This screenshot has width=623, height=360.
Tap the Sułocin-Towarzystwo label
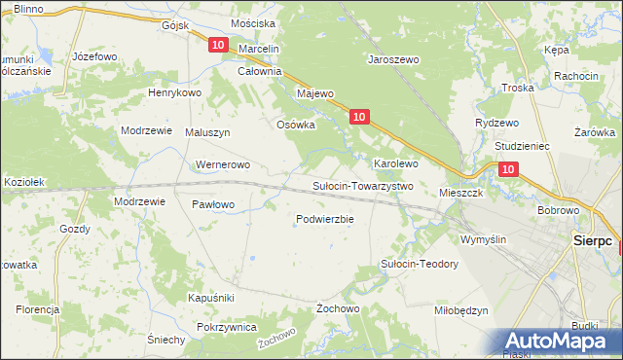point(363,186)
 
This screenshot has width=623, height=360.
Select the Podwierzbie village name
point(324,219)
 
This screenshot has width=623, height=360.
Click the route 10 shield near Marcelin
point(218,45)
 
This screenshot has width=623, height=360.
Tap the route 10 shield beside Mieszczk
point(509,169)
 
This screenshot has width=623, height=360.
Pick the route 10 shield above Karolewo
point(359,117)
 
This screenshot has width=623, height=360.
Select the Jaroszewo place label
point(392,59)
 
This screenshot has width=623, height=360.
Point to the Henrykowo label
point(173,92)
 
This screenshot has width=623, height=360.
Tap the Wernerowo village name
point(224,164)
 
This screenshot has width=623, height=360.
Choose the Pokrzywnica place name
point(226,328)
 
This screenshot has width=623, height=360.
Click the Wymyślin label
point(484,239)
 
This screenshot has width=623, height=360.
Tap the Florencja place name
point(37,309)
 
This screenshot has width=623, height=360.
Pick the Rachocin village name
point(575,76)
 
